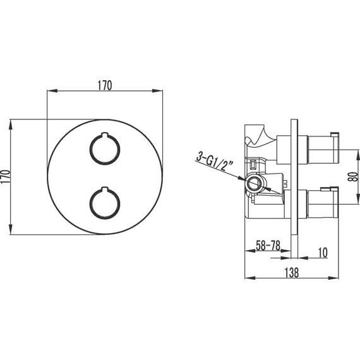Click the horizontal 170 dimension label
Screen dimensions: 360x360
pos(105,85)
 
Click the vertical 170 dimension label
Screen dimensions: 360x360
pos(6,176)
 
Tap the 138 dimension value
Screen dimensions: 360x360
pos(292,272)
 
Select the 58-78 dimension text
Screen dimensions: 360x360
pos(268,246)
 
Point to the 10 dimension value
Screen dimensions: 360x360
pos(323,253)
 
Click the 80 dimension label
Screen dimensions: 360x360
pos(353,177)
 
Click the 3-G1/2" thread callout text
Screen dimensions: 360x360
pos(215,162)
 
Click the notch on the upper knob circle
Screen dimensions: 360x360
pos(105,135)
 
